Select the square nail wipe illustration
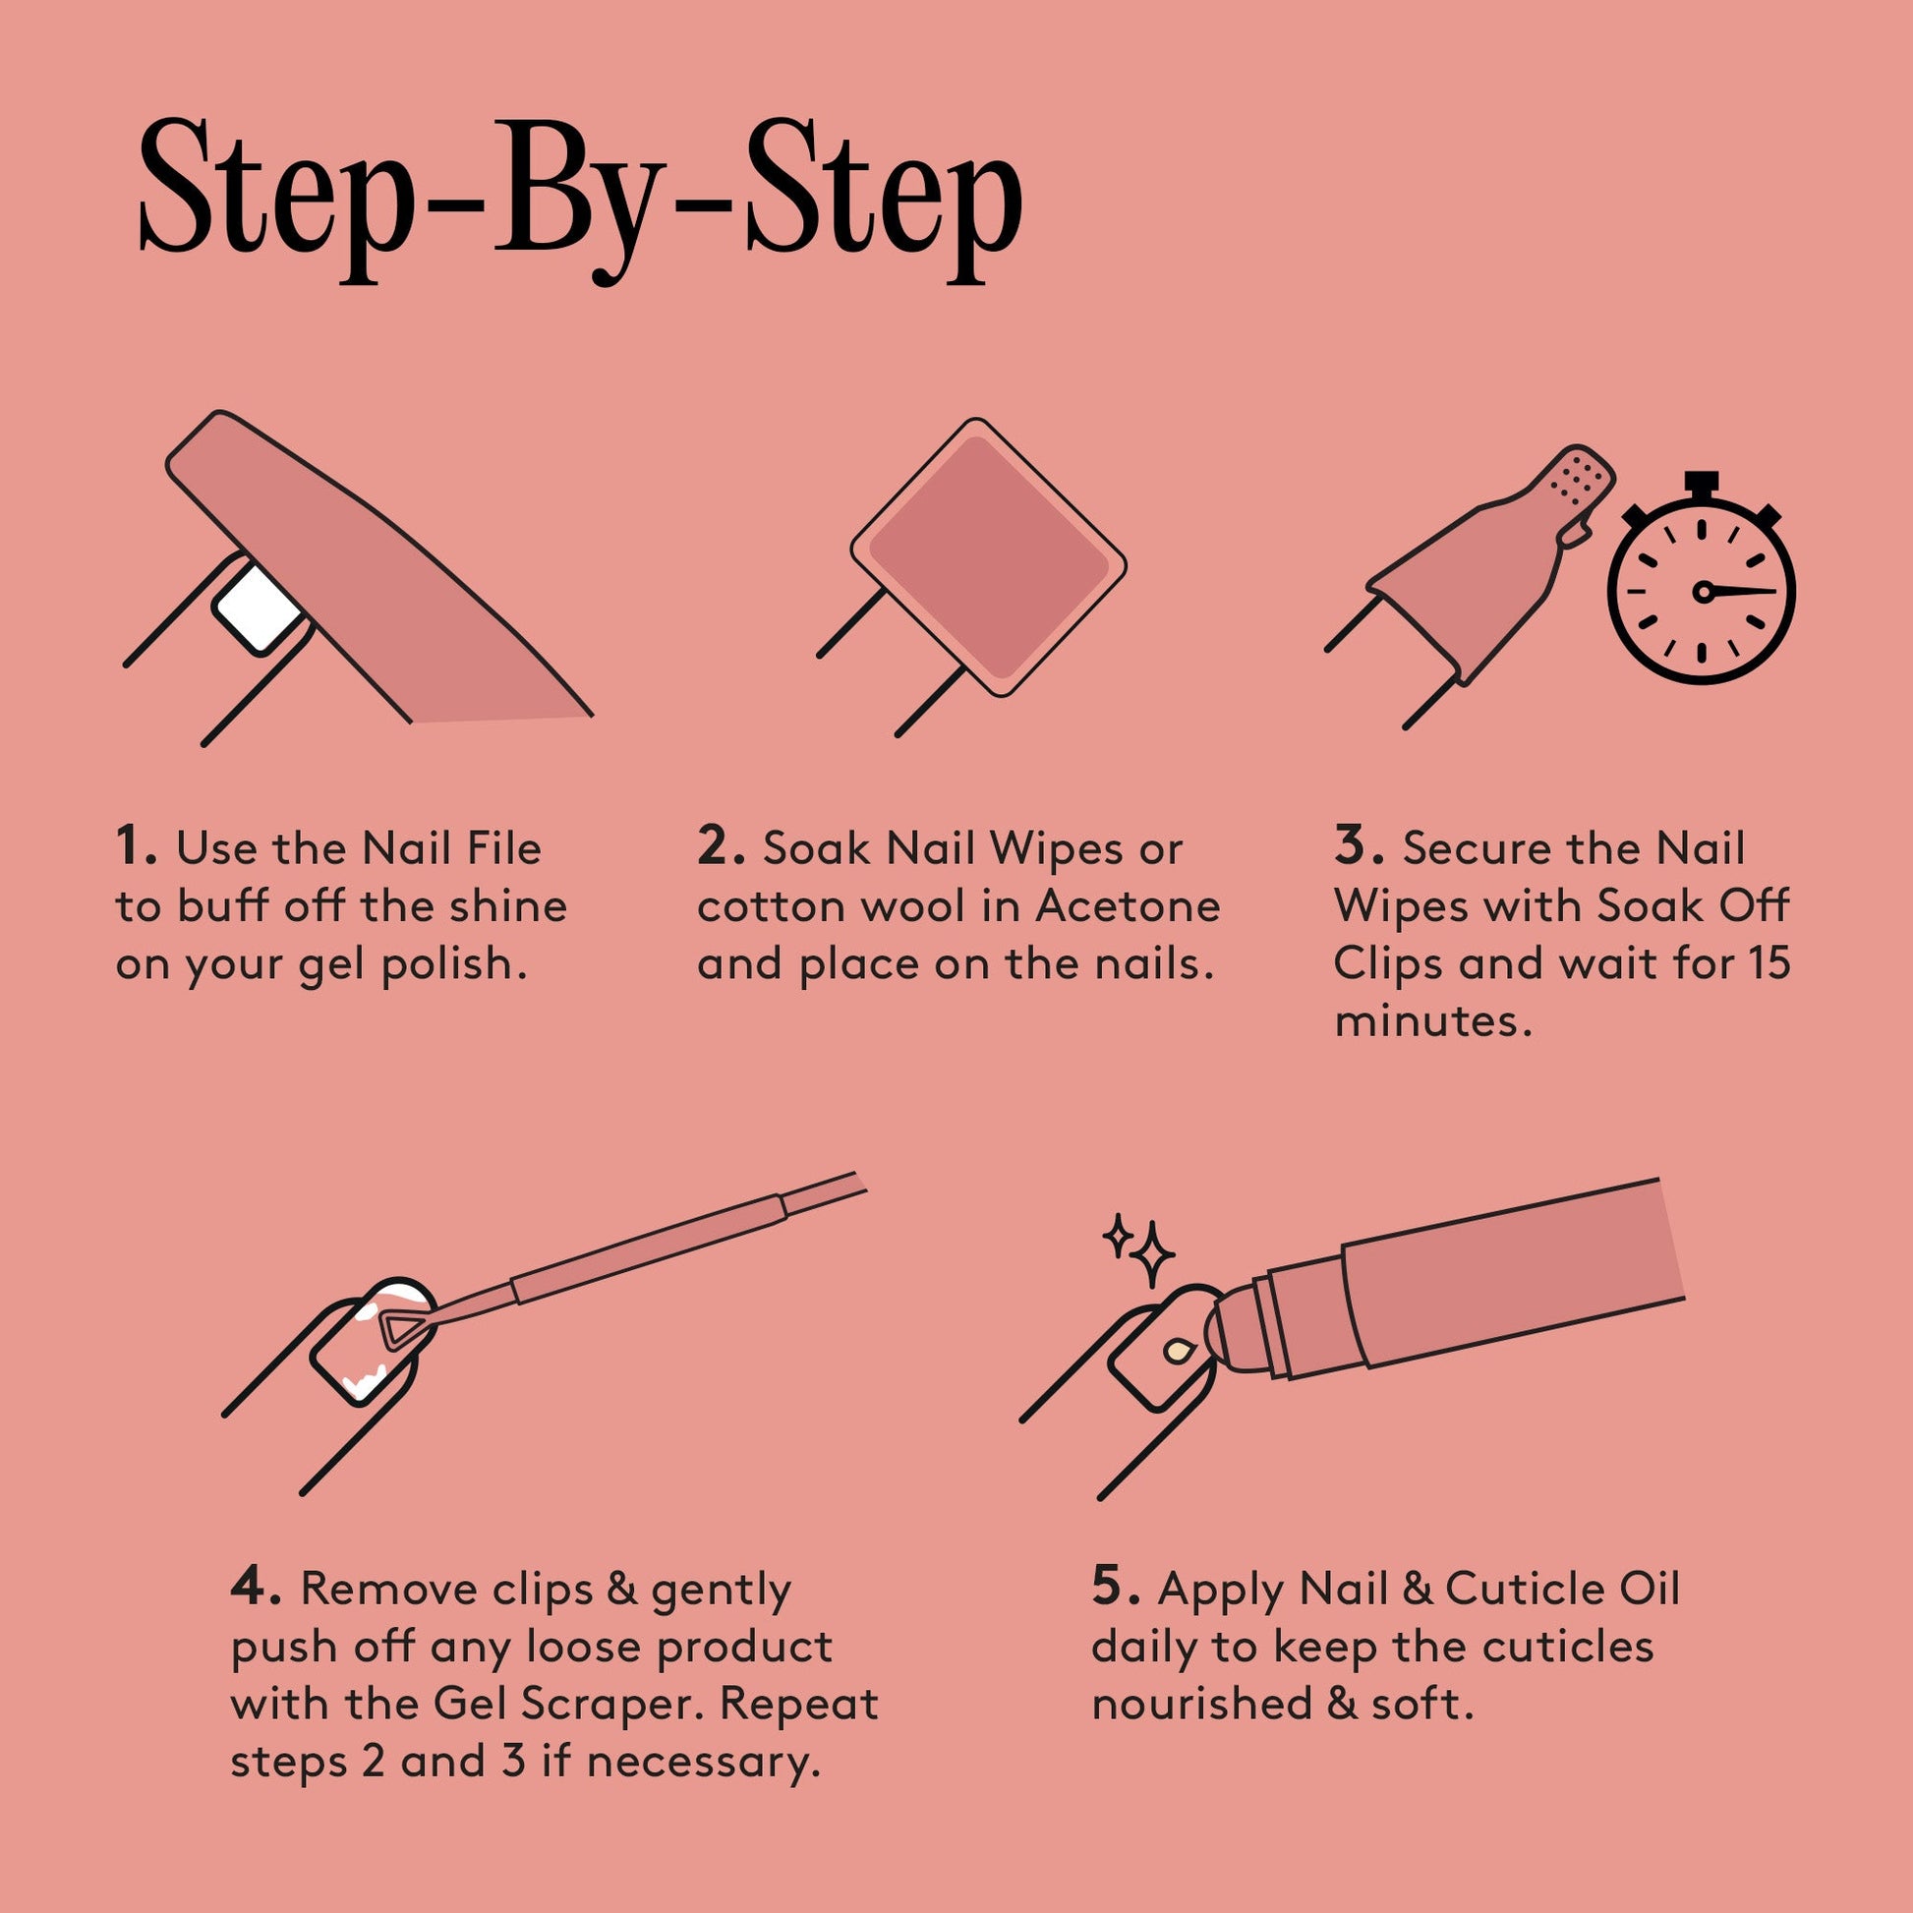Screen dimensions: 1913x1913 988,556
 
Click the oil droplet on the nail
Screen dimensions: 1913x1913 1179,1351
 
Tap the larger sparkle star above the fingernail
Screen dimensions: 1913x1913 1151,1254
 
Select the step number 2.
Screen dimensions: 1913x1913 720,848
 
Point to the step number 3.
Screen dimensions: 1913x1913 1358,848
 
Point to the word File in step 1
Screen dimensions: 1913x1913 504,848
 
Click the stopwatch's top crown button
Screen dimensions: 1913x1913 1701,485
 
